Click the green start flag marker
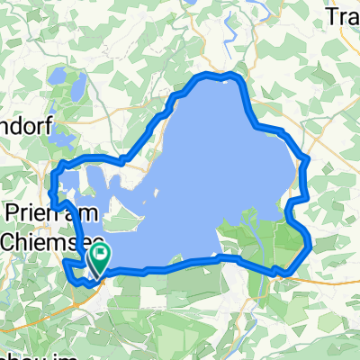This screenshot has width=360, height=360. coord(97,259)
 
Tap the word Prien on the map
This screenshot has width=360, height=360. coord(29,215)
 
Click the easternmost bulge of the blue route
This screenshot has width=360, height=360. coord(310,241)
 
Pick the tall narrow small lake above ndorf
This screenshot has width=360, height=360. coord(77,87)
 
